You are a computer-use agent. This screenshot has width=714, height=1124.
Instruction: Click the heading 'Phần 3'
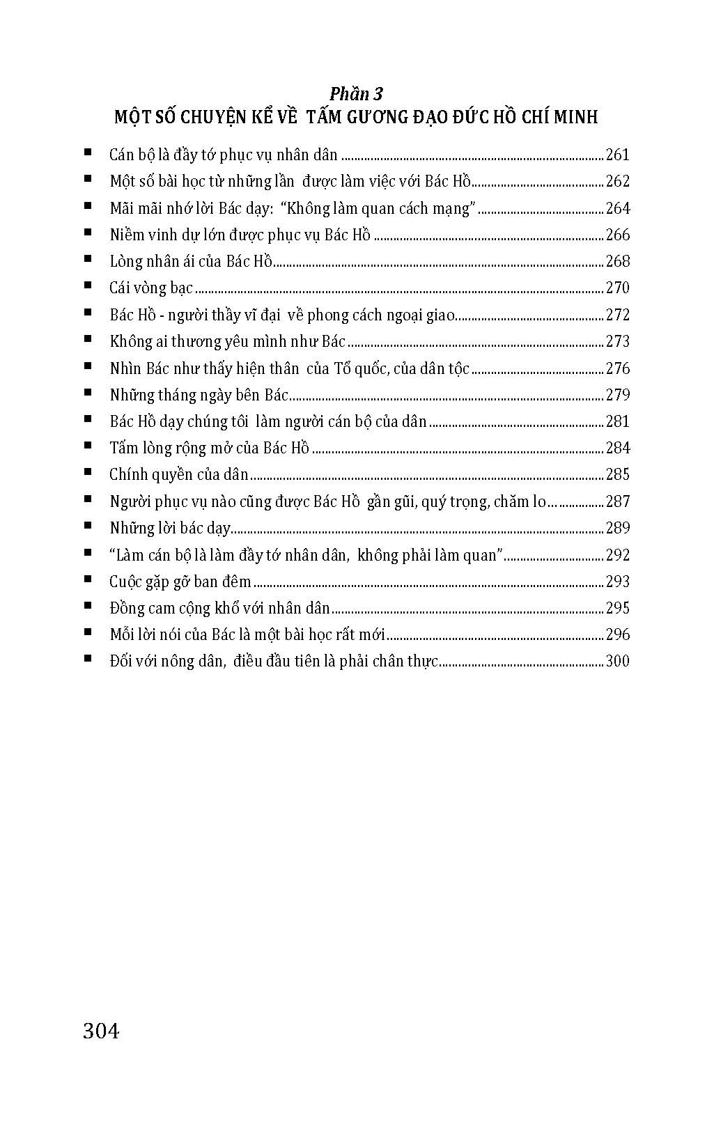pyautogui.click(x=357, y=93)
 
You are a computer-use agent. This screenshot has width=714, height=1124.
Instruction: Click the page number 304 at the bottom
pyautogui.click(x=101, y=1030)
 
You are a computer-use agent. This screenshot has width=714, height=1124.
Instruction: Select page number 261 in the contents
pyautogui.click(x=617, y=155)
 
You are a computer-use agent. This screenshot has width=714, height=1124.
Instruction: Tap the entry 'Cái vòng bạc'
pyautogui.click(x=151, y=288)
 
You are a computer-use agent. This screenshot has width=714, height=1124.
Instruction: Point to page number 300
pyautogui.click(x=617, y=661)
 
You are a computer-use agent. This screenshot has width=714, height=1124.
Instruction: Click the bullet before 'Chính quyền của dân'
pyautogui.click(x=88, y=472)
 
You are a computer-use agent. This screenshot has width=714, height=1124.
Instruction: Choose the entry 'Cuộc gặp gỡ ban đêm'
pyautogui.click(x=180, y=581)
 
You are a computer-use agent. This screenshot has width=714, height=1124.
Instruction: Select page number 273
pyautogui.click(x=617, y=341)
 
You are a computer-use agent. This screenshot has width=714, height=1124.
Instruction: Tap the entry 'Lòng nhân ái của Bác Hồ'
pyautogui.click(x=191, y=261)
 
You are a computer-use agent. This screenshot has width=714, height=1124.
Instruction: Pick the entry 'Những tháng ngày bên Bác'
pyautogui.click(x=199, y=395)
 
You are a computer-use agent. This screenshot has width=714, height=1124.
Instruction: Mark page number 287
pyautogui.click(x=617, y=501)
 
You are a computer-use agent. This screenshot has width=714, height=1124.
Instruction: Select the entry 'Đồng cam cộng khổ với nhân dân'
pyautogui.click(x=219, y=608)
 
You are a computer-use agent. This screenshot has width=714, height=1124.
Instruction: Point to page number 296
pyautogui.click(x=617, y=634)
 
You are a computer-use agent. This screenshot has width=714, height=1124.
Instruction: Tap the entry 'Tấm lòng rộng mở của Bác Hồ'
pyautogui.click(x=209, y=448)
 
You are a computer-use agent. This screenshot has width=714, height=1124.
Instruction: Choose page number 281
pyautogui.click(x=617, y=421)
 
